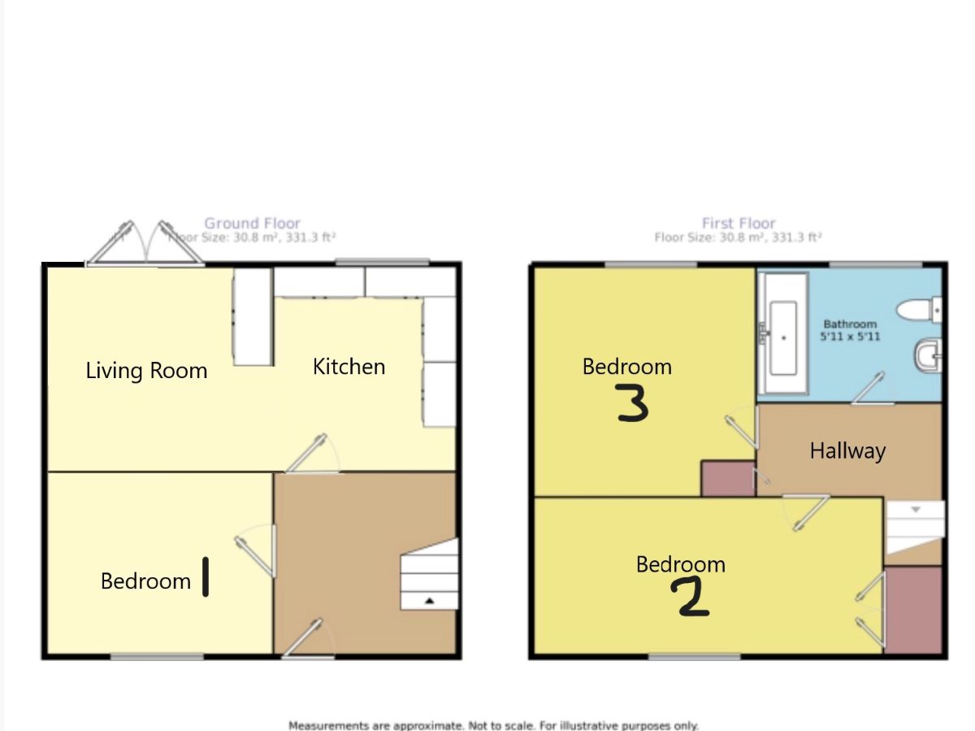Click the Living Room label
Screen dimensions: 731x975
[x=146, y=371]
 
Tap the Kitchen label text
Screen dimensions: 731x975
[x=349, y=367]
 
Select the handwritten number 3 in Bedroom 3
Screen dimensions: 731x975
[x=633, y=403]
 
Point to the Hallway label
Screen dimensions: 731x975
[x=847, y=450]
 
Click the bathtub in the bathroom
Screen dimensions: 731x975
[x=783, y=335]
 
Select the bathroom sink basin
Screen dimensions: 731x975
[x=927, y=355]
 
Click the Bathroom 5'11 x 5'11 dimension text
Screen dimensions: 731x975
[x=850, y=330]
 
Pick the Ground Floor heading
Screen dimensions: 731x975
[x=252, y=223]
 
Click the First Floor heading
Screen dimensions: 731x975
[x=739, y=223]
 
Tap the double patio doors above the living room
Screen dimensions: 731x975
[x=145, y=243]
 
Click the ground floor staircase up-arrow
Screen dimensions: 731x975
[x=429, y=600]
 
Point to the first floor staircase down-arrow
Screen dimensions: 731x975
[x=914, y=510]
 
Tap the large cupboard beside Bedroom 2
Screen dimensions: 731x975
[x=913, y=610]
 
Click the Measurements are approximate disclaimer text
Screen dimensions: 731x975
[x=493, y=724]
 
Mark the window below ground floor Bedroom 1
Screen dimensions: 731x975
[x=157, y=656]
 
